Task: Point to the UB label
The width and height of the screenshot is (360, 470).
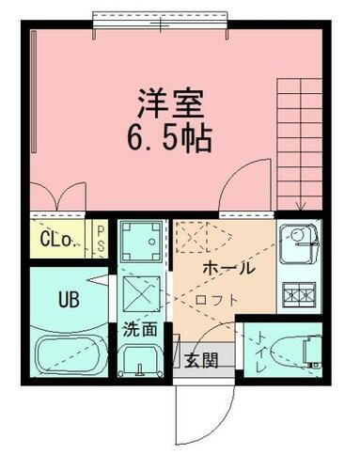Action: pos(69,302)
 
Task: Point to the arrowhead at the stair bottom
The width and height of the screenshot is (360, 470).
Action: pos(302,208)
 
